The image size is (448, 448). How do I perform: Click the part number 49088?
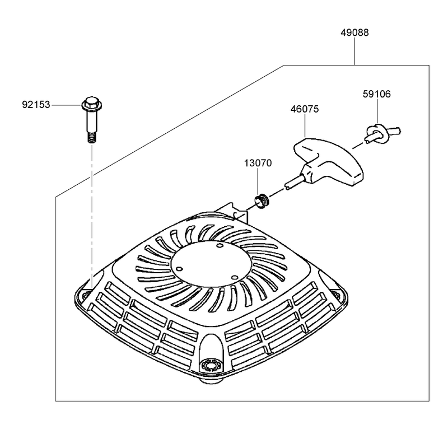(354, 32)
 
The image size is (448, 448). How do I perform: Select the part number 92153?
(36, 105)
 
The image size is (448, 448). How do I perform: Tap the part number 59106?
(376, 94)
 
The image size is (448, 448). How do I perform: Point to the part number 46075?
(305, 109)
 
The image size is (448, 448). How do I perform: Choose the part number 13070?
(258, 163)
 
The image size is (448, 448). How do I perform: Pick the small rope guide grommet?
(261, 201)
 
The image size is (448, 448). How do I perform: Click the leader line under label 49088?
(355, 52)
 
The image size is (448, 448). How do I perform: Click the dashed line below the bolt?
(92, 217)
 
